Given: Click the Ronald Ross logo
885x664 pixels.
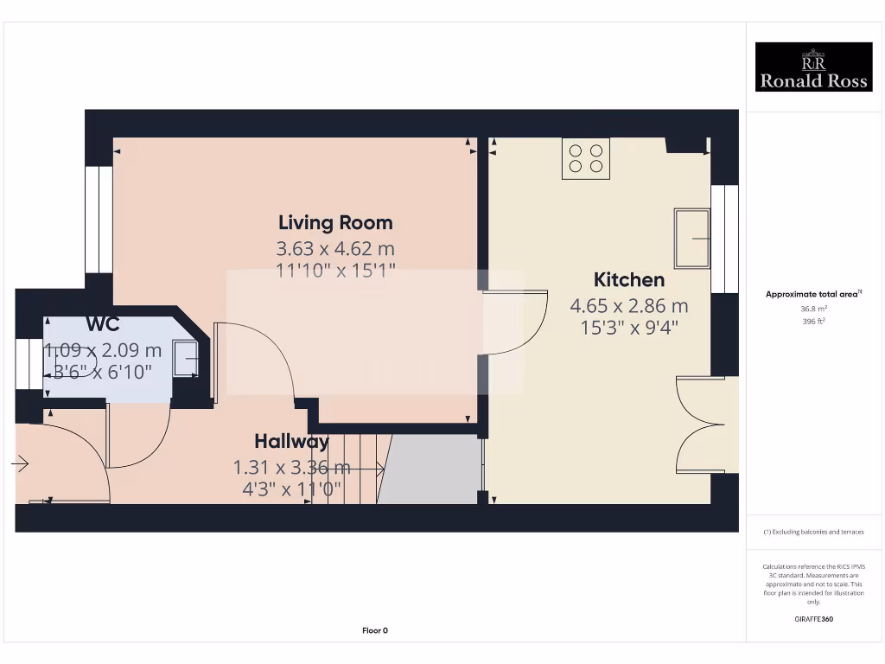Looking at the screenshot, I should click(813, 67).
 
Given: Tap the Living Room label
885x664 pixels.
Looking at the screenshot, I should click(335, 223).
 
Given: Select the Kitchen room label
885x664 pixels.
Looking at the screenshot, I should click(629, 280).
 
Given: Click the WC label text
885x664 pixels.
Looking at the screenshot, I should click(103, 325).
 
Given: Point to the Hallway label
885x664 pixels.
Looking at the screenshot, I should click(291, 442).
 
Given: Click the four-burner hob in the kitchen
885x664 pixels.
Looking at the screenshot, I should click(585, 158).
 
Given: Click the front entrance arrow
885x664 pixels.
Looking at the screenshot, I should click(20, 465).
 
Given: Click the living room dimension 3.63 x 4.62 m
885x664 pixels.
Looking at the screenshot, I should click(335, 249).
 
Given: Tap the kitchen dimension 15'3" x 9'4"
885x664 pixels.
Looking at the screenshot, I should click(629, 328).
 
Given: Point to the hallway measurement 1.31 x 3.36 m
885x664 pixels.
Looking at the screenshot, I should click(292, 468).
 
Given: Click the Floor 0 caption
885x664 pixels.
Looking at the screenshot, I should click(375, 630).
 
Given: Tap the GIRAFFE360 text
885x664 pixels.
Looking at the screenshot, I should click(812, 619).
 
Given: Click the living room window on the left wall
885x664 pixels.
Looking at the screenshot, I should click(99, 220).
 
